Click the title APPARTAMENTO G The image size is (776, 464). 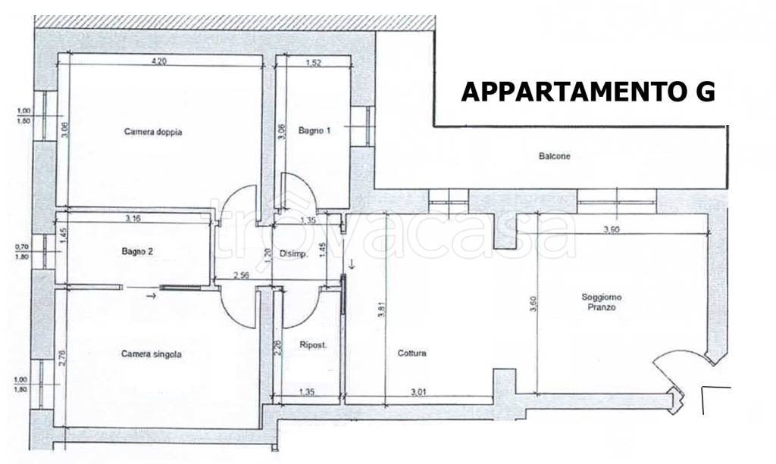(x=588, y=92)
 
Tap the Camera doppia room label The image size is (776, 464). (x=153, y=132)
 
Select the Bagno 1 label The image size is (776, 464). (x=314, y=130)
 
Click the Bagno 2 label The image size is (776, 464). (x=137, y=251)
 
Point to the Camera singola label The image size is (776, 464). (x=152, y=354)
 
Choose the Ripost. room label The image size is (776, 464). (x=313, y=345)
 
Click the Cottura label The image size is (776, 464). (x=411, y=353)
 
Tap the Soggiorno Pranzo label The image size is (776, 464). (x=602, y=302)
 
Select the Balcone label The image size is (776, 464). (x=554, y=156)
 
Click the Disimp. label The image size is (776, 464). (x=294, y=254)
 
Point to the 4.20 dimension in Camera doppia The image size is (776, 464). (x=158, y=62)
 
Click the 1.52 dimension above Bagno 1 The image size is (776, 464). (x=314, y=62)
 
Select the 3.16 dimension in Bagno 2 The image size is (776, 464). (x=133, y=219)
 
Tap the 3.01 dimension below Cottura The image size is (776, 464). (x=418, y=392)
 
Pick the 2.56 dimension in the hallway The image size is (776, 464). (x=240, y=276)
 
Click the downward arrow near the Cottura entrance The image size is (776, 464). (x=352, y=263)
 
